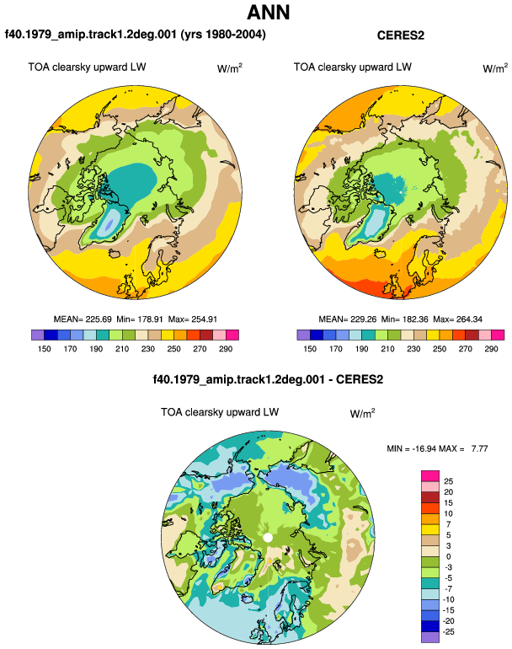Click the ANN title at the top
pyautogui.click(x=269, y=13)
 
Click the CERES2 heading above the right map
pyautogui.click(x=400, y=35)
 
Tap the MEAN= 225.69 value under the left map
pyautogui.click(x=83, y=319)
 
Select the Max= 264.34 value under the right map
pyautogui.click(x=457, y=319)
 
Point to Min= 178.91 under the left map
pyautogui.click(x=140, y=319)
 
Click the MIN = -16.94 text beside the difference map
pyautogui.click(x=411, y=448)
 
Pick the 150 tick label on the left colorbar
pyautogui.click(x=45, y=349)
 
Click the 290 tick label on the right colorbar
pyautogui.click(x=491, y=349)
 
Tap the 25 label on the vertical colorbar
pyautogui.click(x=448, y=481)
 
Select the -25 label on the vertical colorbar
pyautogui.click(x=448, y=632)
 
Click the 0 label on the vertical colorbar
pyautogui.click(x=448, y=556)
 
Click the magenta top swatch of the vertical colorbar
pyautogui.click(x=430, y=476)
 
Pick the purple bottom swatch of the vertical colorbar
pyautogui.click(x=430, y=637)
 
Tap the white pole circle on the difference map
pyautogui.click(x=268, y=538)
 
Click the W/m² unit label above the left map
pyautogui.click(x=230, y=68)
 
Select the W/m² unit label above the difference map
pyautogui.click(x=362, y=413)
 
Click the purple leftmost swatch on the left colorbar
pyautogui.click(x=38, y=335)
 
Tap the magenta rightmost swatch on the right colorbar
pyautogui.click(x=498, y=335)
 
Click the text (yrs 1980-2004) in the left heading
pyautogui.click(x=223, y=35)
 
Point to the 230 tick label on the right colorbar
pyautogui.click(x=413, y=349)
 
